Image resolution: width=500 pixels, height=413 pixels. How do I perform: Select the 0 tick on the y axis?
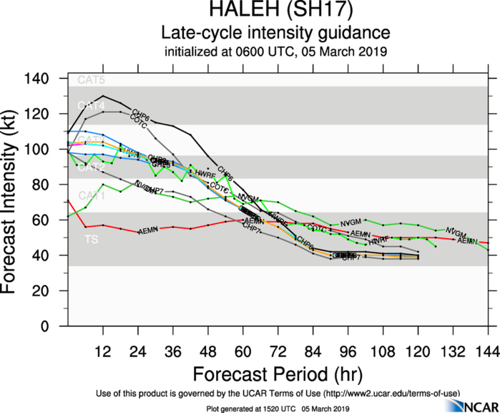(x=54, y=326)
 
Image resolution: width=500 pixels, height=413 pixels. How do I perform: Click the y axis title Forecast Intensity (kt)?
(x=13, y=203)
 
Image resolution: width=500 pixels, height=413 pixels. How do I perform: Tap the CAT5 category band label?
(x=91, y=80)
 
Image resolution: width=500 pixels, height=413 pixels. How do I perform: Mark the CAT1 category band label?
(x=91, y=195)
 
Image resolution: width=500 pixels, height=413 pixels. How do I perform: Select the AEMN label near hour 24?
(x=148, y=231)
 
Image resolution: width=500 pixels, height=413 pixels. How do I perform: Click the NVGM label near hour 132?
(x=456, y=233)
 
